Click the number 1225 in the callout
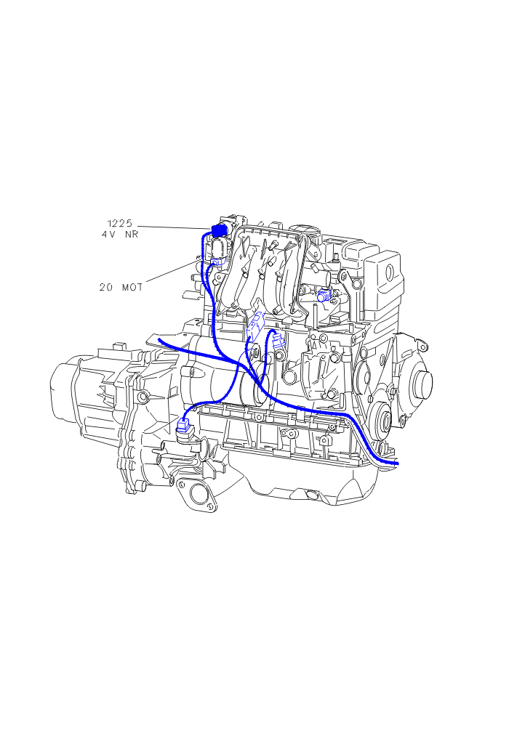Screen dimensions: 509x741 tap(120, 223)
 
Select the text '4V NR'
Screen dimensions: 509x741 tap(120, 234)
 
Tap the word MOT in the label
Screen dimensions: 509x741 tap(132, 287)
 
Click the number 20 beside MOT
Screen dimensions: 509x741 tap(106, 287)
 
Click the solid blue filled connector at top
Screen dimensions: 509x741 tap(219, 230)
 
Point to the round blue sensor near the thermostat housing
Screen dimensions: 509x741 tap(324, 296)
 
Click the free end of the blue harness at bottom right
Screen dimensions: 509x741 tap(397, 463)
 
